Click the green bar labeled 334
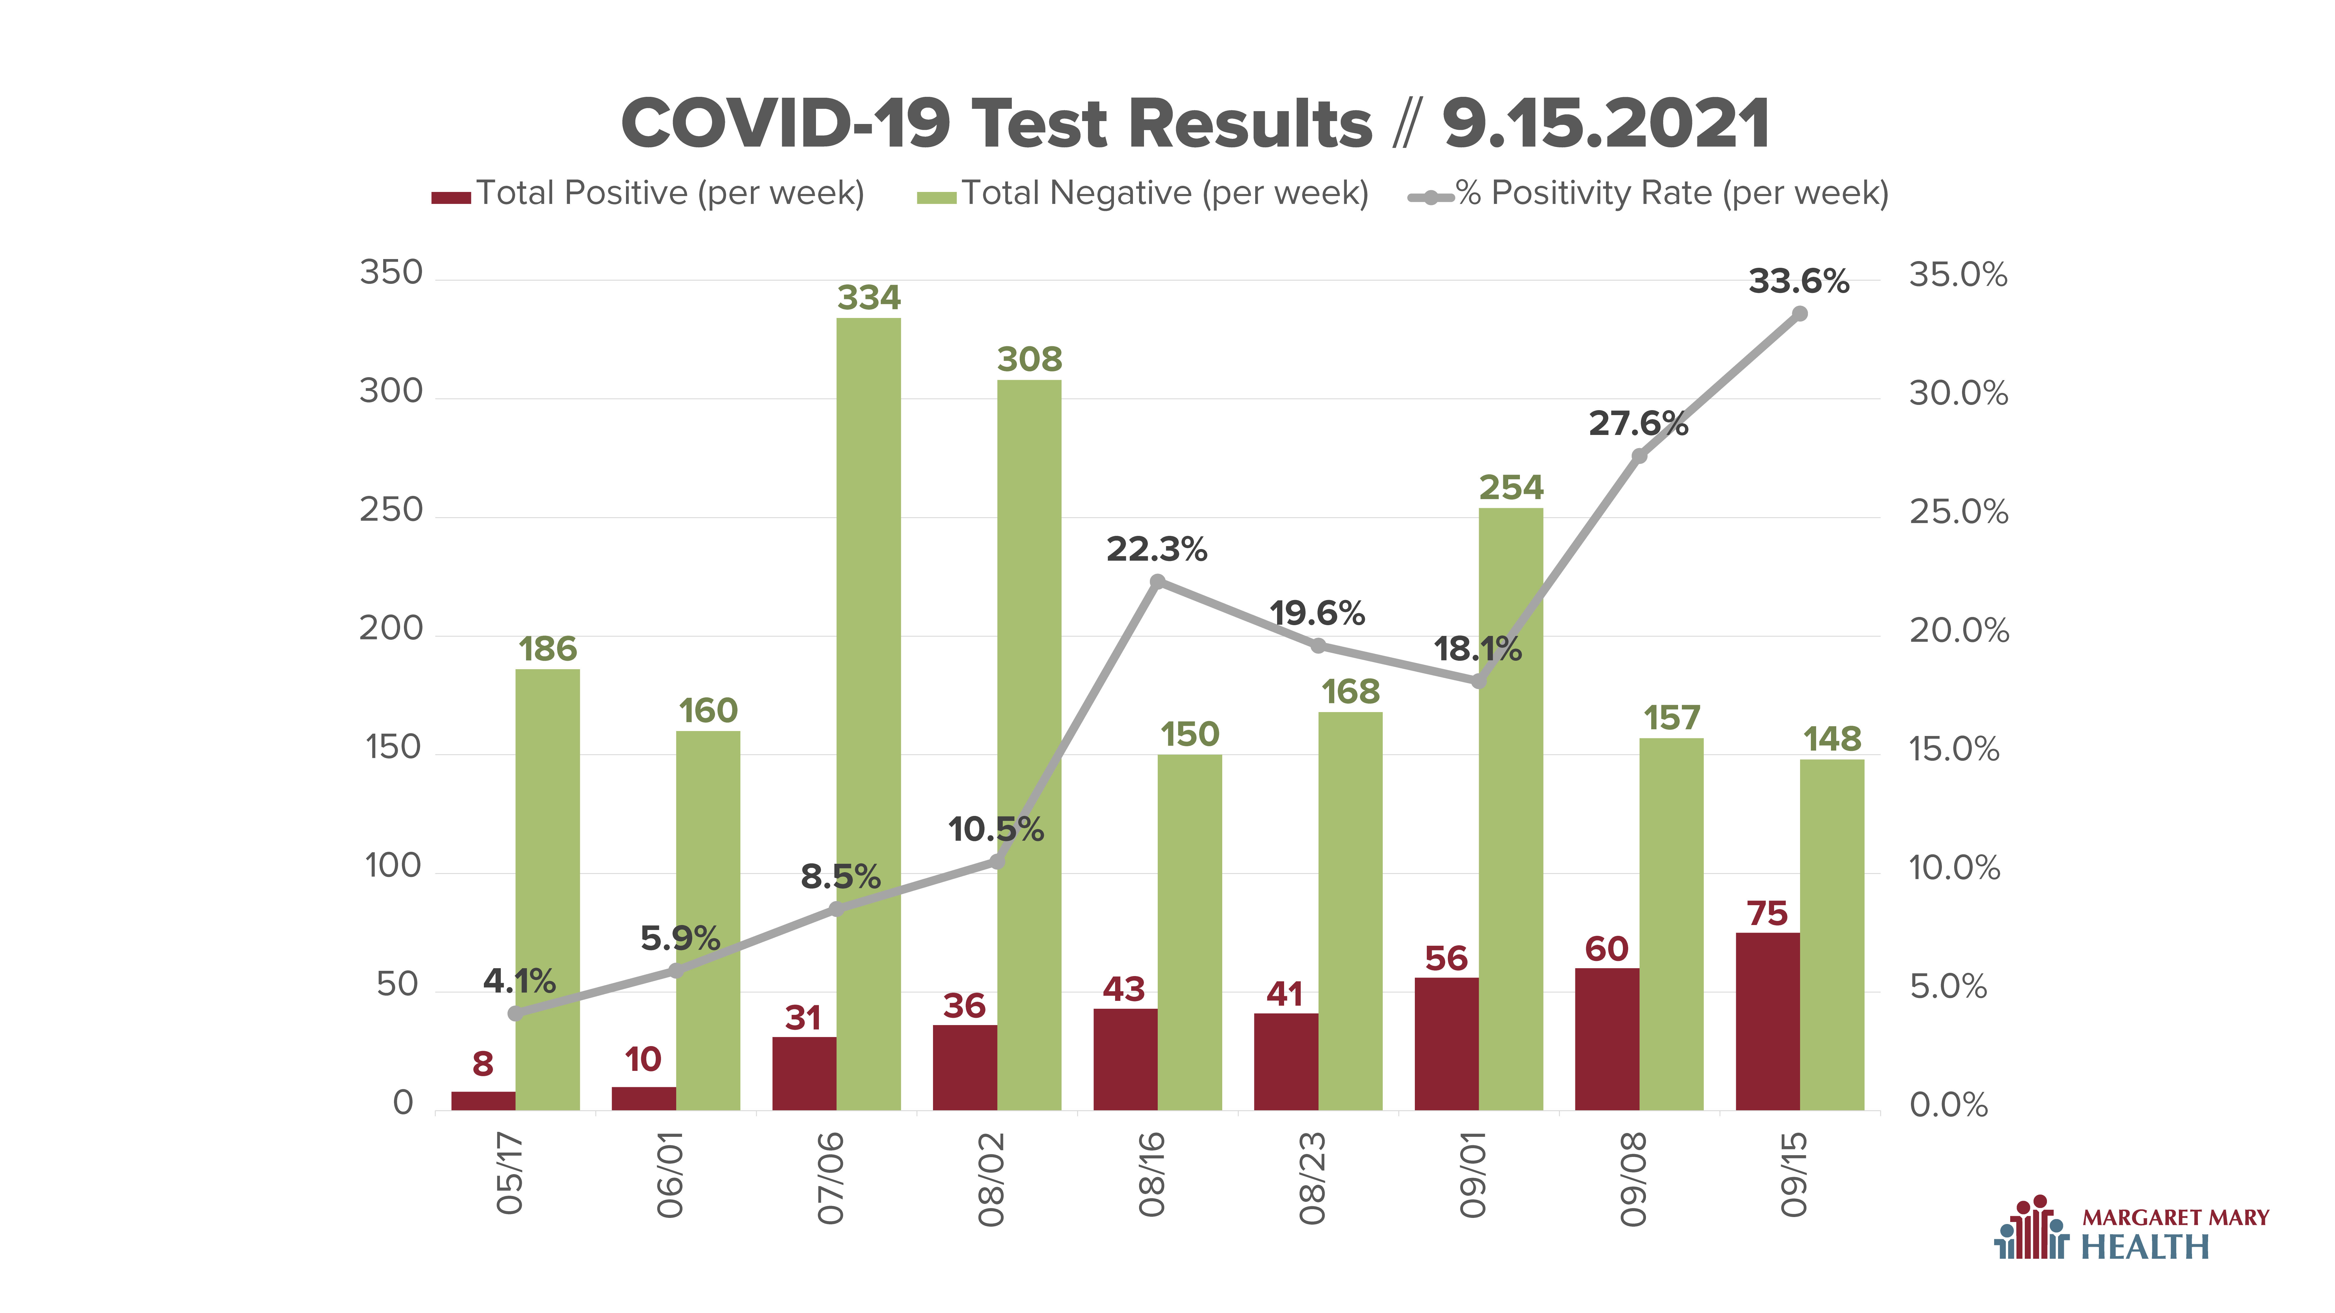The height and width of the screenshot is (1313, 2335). [869, 714]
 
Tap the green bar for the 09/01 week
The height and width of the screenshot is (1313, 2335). [1511, 809]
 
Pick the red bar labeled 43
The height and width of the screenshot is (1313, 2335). [1125, 1059]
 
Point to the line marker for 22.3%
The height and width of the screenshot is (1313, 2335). [1157, 582]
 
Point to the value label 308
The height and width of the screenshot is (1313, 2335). [1030, 360]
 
